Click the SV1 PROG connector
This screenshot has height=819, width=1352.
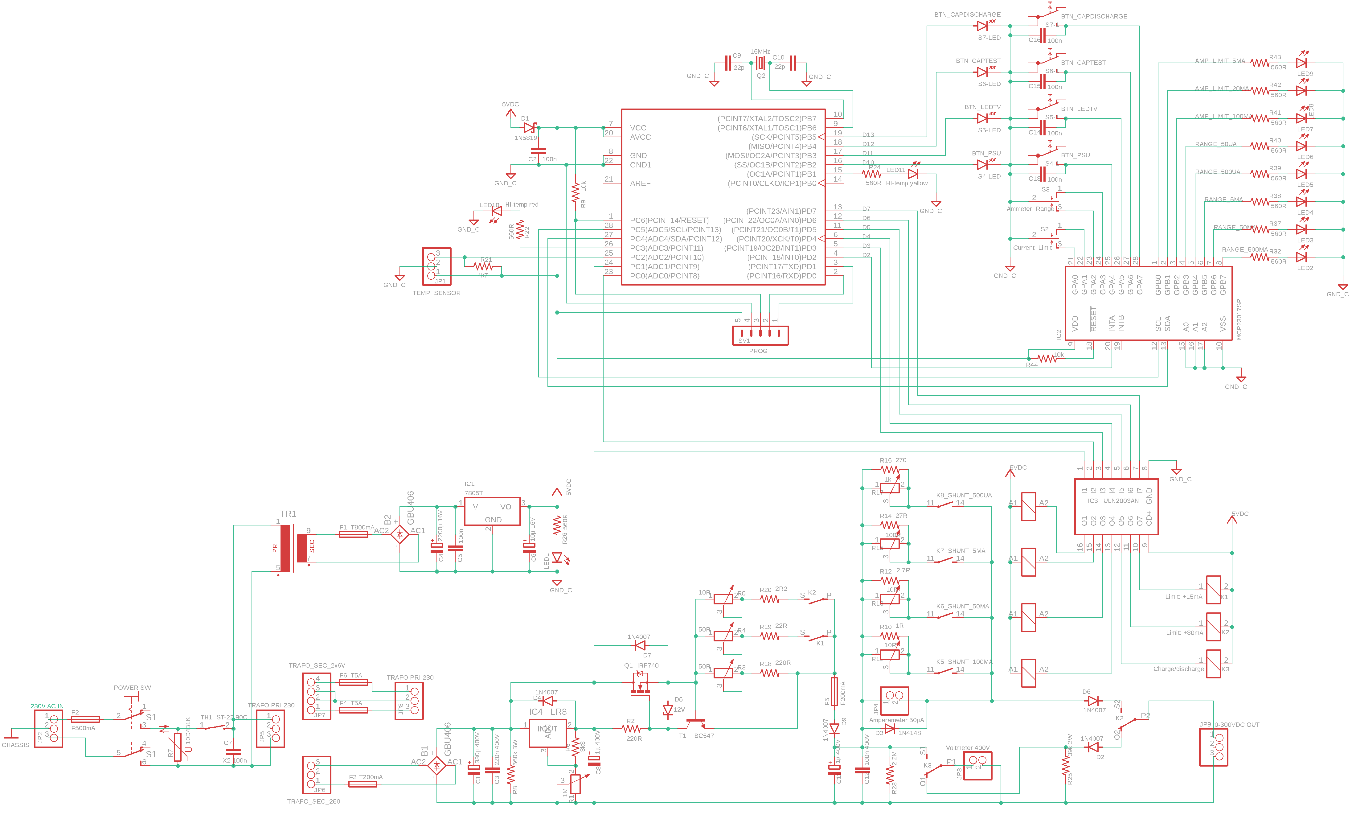tap(760, 335)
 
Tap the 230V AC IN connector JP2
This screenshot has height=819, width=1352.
tap(48, 728)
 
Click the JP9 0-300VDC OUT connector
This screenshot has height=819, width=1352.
tap(1213, 747)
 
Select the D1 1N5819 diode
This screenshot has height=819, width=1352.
tap(529, 127)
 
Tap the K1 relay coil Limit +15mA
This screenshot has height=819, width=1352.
tap(1213, 590)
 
